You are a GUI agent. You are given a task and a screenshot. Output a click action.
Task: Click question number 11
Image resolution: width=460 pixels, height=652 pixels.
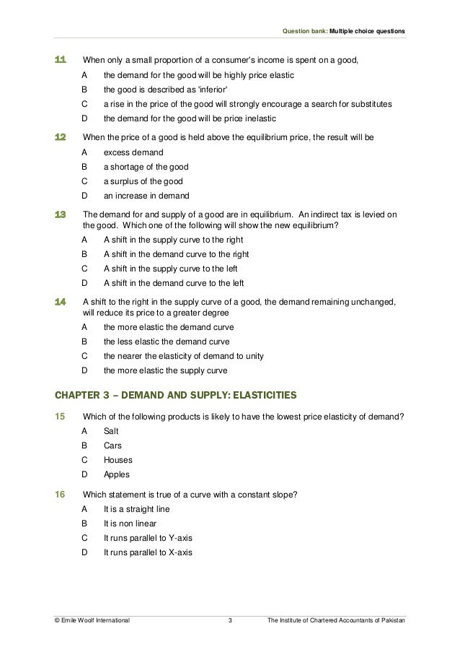[x=61, y=59]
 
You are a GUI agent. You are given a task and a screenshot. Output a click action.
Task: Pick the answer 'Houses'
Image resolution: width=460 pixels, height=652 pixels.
[x=118, y=459]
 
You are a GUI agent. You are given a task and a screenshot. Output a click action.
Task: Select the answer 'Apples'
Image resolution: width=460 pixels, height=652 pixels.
[x=116, y=474]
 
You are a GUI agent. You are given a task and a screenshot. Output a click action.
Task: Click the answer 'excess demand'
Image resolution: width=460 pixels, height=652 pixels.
[x=133, y=152]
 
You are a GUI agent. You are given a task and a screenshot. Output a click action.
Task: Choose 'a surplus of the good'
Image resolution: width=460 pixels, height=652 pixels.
[x=143, y=181]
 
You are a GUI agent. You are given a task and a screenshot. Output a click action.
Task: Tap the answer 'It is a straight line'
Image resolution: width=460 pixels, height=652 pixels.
[x=140, y=508]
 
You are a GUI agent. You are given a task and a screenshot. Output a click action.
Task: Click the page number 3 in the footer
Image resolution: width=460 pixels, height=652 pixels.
[x=229, y=620]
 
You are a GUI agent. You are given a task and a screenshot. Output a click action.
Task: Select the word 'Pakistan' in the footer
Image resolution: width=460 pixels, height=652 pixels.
[x=392, y=620]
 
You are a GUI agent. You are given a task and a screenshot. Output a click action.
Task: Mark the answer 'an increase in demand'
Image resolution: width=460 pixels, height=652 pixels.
[x=147, y=196]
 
